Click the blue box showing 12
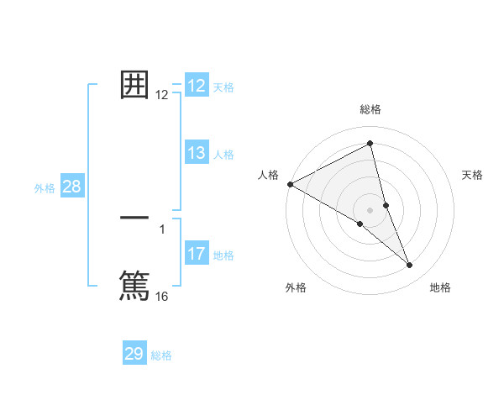coord(197,86)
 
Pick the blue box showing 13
coord(197,153)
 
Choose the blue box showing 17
coord(197,254)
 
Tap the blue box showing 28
coord(71,187)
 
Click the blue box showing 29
coord(134,354)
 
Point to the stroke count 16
coord(162,297)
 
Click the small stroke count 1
coord(162,229)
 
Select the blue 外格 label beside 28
coord(45,188)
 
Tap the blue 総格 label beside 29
coord(161,355)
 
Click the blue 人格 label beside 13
coord(223,155)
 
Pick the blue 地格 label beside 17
coord(223,255)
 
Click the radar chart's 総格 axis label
coord(370,109)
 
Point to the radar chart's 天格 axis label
coord(473,175)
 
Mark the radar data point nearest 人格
coord(290,184)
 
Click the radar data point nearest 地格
coord(410,266)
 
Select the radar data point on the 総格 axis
coord(370,144)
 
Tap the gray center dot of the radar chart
coord(370,210)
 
